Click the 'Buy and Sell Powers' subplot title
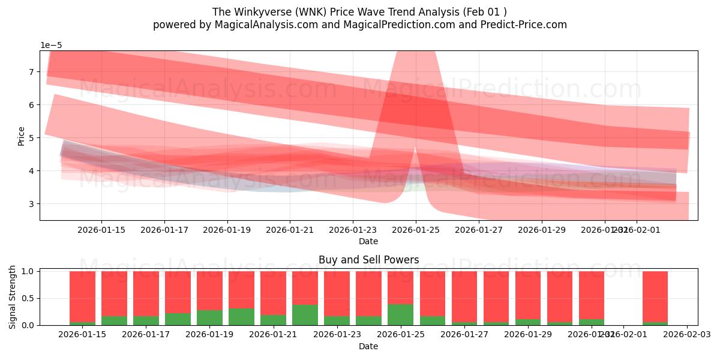pyautogui.click(x=368, y=260)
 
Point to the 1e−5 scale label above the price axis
pyautogui.click(x=51, y=45)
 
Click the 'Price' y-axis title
pyautogui.click(x=22, y=136)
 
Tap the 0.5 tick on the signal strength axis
pyautogui.click(x=28, y=298)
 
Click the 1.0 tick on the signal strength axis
pyautogui.click(x=28, y=271)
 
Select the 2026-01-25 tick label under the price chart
pyautogui.click(x=416, y=230)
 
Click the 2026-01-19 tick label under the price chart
pyautogui.click(x=227, y=230)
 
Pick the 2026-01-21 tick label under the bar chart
pyautogui.click(x=273, y=335)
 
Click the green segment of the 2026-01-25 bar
pyautogui.click(x=400, y=314)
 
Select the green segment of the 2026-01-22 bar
pyautogui.click(x=305, y=315)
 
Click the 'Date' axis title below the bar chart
pyautogui.click(x=368, y=346)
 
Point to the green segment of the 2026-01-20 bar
pyautogui.click(x=241, y=317)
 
